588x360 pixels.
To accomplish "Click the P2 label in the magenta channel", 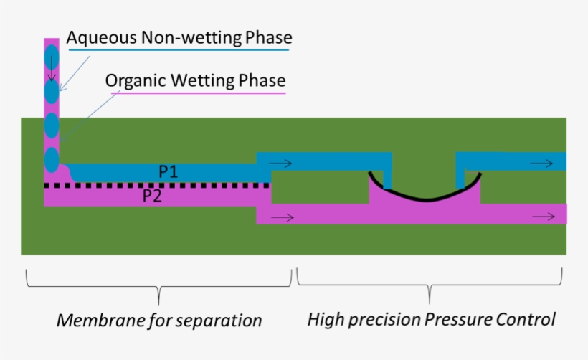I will pyautogui.click(x=151, y=196).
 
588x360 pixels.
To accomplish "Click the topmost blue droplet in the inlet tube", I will pyautogui.click(x=52, y=56).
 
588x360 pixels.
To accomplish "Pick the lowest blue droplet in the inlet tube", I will pyautogui.click(x=52, y=158).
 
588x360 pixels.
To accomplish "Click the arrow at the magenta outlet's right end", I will pyautogui.click(x=543, y=214).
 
